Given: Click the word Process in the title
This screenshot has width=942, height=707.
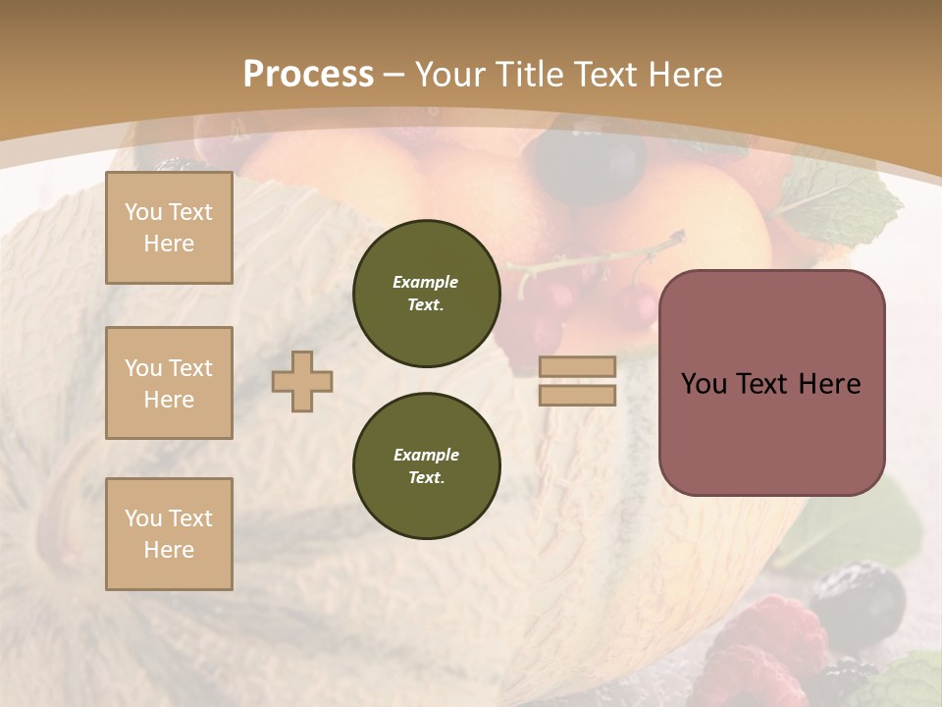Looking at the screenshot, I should click(x=308, y=74).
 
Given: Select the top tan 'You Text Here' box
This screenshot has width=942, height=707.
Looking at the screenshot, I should click(x=169, y=228).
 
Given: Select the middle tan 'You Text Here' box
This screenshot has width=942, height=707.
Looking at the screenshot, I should click(x=169, y=383).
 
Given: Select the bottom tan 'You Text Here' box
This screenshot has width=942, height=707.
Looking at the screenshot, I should click(x=169, y=534).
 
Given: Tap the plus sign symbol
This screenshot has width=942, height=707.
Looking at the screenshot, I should click(x=302, y=381).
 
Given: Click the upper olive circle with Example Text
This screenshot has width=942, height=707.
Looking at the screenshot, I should click(x=427, y=294).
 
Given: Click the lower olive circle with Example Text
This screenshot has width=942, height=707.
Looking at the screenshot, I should click(x=427, y=466).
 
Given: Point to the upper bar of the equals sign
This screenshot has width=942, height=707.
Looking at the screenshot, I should click(x=578, y=366).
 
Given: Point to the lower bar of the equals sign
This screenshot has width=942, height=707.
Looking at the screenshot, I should click(x=578, y=395).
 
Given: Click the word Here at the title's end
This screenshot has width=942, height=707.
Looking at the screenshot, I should click(x=678, y=75).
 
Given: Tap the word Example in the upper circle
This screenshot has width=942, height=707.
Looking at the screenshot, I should click(x=426, y=282).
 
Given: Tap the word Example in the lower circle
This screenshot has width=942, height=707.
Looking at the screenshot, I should click(x=426, y=455).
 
